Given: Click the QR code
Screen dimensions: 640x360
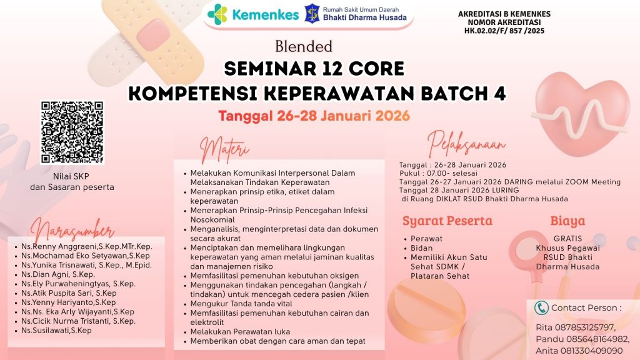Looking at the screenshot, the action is click(x=72, y=132).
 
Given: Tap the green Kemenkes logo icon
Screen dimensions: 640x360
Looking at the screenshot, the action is click(x=217, y=14).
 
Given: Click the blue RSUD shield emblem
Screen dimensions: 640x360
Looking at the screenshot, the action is click(x=312, y=14).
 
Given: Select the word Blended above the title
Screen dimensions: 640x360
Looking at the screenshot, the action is click(x=304, y=46).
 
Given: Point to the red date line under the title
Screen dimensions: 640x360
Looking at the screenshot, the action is click(x=314, y=116).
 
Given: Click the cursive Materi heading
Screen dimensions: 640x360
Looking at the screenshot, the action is click(x=224, y=149).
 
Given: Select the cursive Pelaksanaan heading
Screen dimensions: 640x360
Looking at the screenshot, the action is click(x=466, y=144).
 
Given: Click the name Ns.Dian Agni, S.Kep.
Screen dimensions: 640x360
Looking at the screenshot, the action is click(x=58, y=274).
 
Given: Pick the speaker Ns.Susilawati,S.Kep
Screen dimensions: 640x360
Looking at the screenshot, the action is click(x=57, y=330).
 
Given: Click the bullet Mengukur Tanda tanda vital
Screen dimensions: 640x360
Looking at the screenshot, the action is click(x=241, y=304).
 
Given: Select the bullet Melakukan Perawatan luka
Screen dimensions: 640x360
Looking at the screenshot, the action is click(x=240, y=332).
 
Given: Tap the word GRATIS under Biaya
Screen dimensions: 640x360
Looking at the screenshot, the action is click(x=567, y=238).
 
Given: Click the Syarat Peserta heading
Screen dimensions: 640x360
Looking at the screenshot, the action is click(x=447, y=221).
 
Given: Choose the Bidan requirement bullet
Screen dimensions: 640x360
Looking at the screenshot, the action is click(x=422, y=247).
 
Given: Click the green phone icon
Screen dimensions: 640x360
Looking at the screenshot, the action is click(x=541, y=307).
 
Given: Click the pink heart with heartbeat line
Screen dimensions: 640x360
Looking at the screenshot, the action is click(x=581, y=114).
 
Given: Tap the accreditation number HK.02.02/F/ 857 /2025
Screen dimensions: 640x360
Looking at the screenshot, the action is click(x=504, y=31).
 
